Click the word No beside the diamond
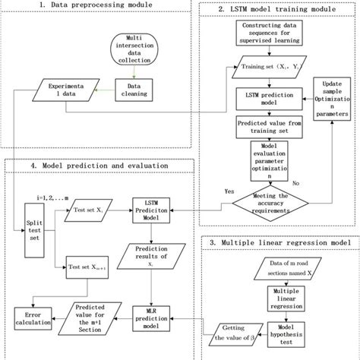click(x=316, y=183)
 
